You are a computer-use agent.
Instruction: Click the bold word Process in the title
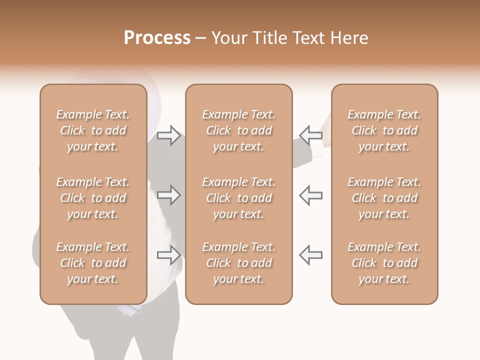pos(157,38)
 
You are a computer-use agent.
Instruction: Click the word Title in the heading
pos(268,38)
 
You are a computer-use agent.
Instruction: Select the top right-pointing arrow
pos(169,135)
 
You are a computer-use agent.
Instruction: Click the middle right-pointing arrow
pos(169,195)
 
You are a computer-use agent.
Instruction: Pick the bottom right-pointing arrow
pos(169,255)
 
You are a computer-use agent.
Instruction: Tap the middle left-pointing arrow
pos(310,195)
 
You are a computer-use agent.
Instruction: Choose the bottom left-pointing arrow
pos(310,255)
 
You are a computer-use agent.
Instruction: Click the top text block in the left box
pos(93,130)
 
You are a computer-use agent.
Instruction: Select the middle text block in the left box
pos(93,198)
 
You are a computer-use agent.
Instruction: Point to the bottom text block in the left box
pos(93,263)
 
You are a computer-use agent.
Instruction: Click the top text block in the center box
pos(238,130)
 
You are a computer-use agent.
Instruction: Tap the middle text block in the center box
pos(238,198)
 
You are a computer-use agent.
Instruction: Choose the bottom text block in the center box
pos(238,263)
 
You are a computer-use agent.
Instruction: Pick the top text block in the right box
pos(384,130)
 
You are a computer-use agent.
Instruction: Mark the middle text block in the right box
pos(384,198)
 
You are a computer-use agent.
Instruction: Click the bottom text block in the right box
pos(384,263)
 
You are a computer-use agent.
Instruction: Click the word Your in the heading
pos(228,38)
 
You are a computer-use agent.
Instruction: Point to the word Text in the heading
pos(309,38)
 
